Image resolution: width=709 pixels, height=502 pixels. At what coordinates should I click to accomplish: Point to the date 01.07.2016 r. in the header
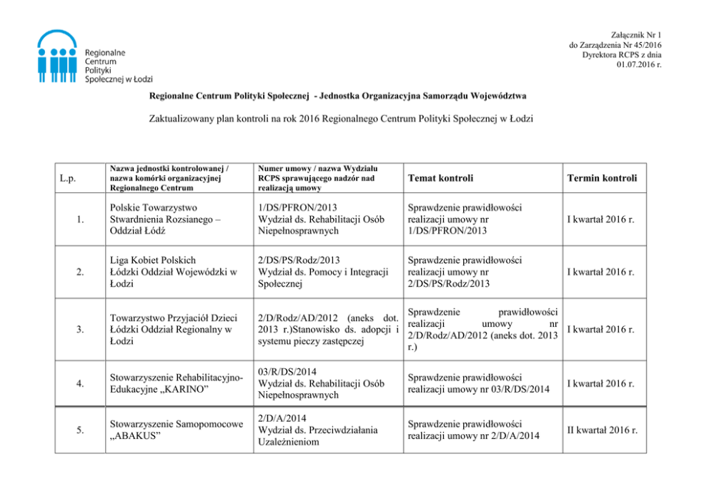(638, 65)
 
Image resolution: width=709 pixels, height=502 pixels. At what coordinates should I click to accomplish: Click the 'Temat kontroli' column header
(440, 177)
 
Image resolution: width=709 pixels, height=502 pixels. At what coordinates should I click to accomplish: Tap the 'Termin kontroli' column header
(601, 177)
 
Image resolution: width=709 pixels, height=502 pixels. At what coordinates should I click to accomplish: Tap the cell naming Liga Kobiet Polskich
(169, 272)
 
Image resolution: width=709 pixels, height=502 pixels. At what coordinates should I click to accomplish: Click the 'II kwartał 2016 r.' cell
(601, 430)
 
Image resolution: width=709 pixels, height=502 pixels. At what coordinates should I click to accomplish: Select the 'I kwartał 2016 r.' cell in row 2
(600, 272)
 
